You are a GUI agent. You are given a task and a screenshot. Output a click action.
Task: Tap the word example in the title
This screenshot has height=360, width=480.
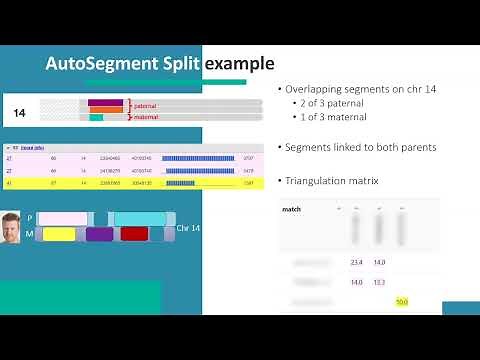pos(240,64)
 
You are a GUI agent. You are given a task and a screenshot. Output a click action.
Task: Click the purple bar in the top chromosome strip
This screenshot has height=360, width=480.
pos(105,103)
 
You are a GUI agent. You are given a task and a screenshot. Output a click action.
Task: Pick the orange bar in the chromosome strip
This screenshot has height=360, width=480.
pos(106,110)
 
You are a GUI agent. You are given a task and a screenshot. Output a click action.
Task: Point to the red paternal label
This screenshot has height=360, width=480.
pos(146,105)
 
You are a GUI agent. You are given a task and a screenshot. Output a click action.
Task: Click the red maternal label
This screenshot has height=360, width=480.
pos(146,117)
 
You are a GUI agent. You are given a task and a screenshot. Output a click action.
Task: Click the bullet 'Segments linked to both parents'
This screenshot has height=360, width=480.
pos(360,147)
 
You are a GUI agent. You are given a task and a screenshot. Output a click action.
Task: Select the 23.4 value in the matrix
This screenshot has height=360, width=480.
pos(356,263)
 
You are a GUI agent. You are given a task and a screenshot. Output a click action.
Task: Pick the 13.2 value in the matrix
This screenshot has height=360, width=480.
pos(379,282)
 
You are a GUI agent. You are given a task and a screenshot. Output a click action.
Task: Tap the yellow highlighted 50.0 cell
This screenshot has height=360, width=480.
pos(401,301)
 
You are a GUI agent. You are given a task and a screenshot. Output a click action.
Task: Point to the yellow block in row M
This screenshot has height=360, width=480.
pos(59,234)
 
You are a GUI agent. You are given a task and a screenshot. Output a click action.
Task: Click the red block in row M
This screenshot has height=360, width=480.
pos(134,234)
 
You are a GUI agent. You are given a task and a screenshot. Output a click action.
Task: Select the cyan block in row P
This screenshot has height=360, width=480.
pos(139,218)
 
